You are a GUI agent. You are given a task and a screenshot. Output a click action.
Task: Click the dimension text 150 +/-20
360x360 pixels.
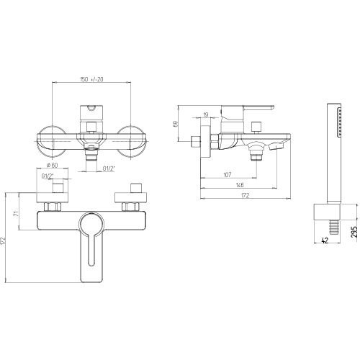91,79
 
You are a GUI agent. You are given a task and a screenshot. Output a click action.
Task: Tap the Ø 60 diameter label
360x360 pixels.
52,165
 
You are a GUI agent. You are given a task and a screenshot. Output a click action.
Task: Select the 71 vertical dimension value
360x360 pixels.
15,213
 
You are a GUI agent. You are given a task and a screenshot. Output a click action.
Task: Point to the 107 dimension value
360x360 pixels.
228,174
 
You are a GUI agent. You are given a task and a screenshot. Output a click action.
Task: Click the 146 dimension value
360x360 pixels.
240,185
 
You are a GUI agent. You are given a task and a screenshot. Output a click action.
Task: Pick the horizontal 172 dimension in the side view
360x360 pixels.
245,195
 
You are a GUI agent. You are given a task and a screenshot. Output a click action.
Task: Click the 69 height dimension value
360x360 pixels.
176,124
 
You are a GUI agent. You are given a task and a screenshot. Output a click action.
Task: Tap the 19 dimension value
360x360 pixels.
206,114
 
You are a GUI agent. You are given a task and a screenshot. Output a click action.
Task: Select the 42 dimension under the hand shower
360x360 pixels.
325,240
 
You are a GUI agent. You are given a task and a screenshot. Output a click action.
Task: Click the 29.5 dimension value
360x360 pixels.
354,232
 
